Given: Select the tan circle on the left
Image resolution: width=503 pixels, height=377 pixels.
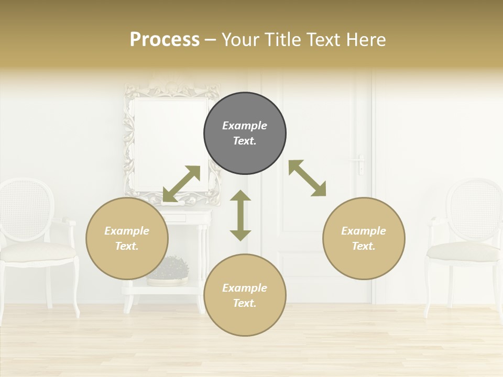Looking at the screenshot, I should point(127,238).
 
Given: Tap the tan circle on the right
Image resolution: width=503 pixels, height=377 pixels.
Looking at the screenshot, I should point(364,238).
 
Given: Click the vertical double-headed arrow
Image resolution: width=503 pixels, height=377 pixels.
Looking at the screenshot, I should point(240,215).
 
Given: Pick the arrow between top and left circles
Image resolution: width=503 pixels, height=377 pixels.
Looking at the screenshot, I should point(181,184).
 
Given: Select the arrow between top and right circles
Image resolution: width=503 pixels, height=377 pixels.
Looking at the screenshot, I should point(308,178).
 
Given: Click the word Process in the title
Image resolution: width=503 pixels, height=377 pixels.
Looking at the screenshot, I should point(165,40).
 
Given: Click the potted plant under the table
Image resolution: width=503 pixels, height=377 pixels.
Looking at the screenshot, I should point(169,270).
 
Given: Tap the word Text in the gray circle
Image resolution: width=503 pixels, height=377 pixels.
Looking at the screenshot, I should point(245,141).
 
